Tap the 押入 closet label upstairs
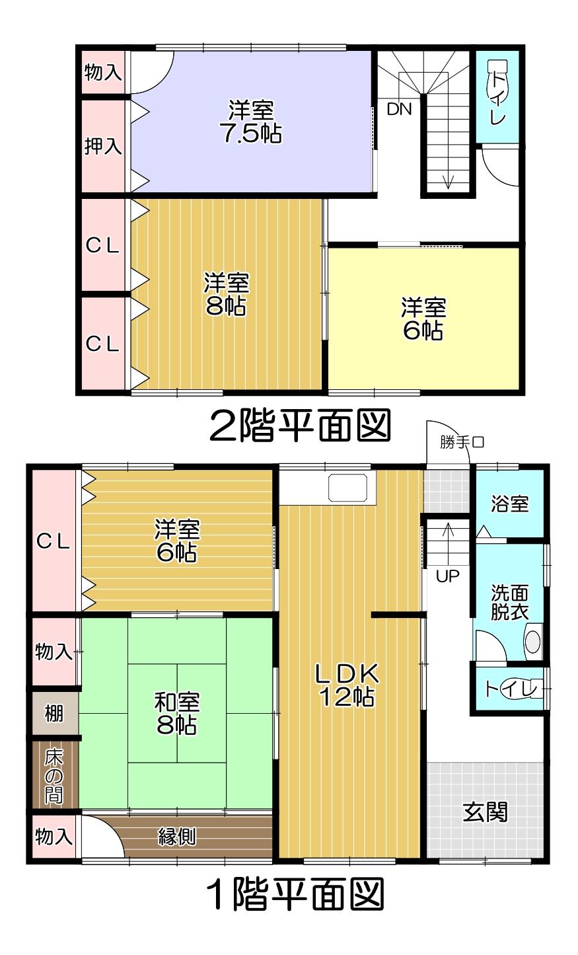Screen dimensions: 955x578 [103, 146]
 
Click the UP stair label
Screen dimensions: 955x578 [447, 576]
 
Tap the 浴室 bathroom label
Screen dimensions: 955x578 [509, 504]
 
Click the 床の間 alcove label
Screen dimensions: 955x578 [54, 776]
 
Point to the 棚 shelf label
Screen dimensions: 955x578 [54, 714]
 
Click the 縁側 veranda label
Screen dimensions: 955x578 [177, 837]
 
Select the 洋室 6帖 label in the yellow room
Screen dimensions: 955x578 [423, 319]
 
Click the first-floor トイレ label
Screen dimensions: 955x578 [506, 689]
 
